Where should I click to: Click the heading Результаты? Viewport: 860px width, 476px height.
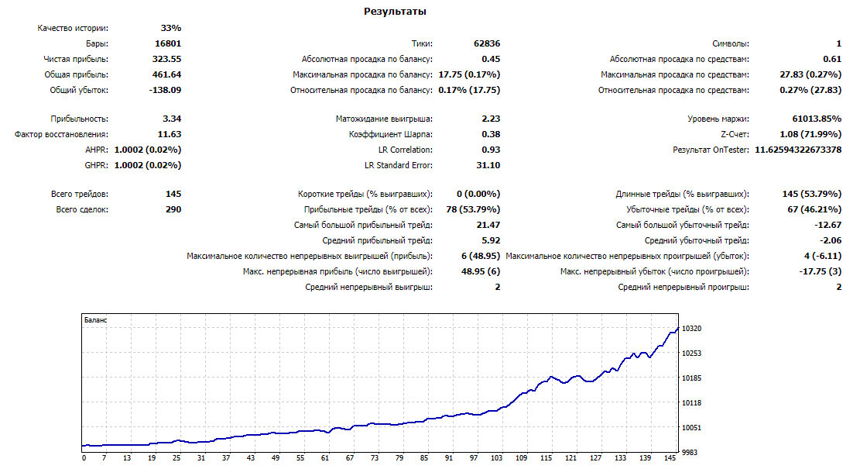point(395,12)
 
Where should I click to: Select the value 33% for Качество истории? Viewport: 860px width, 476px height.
point(171,28)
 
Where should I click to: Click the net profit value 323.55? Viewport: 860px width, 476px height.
point(166,59)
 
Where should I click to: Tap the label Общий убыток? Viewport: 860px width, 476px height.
point(79,90)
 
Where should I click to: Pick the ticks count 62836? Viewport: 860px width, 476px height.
point(487,43)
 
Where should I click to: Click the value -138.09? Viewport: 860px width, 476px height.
point(165,90)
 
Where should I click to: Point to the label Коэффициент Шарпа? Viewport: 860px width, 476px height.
point(390,135)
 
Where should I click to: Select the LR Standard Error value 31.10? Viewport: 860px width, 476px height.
point(488,165)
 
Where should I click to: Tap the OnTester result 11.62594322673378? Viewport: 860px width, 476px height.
point(798,150)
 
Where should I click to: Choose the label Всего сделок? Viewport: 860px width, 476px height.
point(82,210)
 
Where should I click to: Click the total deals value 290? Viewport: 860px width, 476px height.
point(173,210)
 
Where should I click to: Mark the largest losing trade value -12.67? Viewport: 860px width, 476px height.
point(828,225)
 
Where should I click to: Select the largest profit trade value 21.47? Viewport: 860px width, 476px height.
point(488,225)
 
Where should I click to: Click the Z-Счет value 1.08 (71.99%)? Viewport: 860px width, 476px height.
point(810,135)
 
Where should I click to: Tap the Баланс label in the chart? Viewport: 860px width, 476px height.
point(95,320)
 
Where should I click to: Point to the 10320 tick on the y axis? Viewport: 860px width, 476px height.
point(691,328)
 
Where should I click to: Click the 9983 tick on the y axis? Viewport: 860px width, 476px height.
point(690,453)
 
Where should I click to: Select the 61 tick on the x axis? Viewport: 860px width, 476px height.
point(324,458)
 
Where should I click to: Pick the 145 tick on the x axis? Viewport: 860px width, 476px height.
point(670,458)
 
